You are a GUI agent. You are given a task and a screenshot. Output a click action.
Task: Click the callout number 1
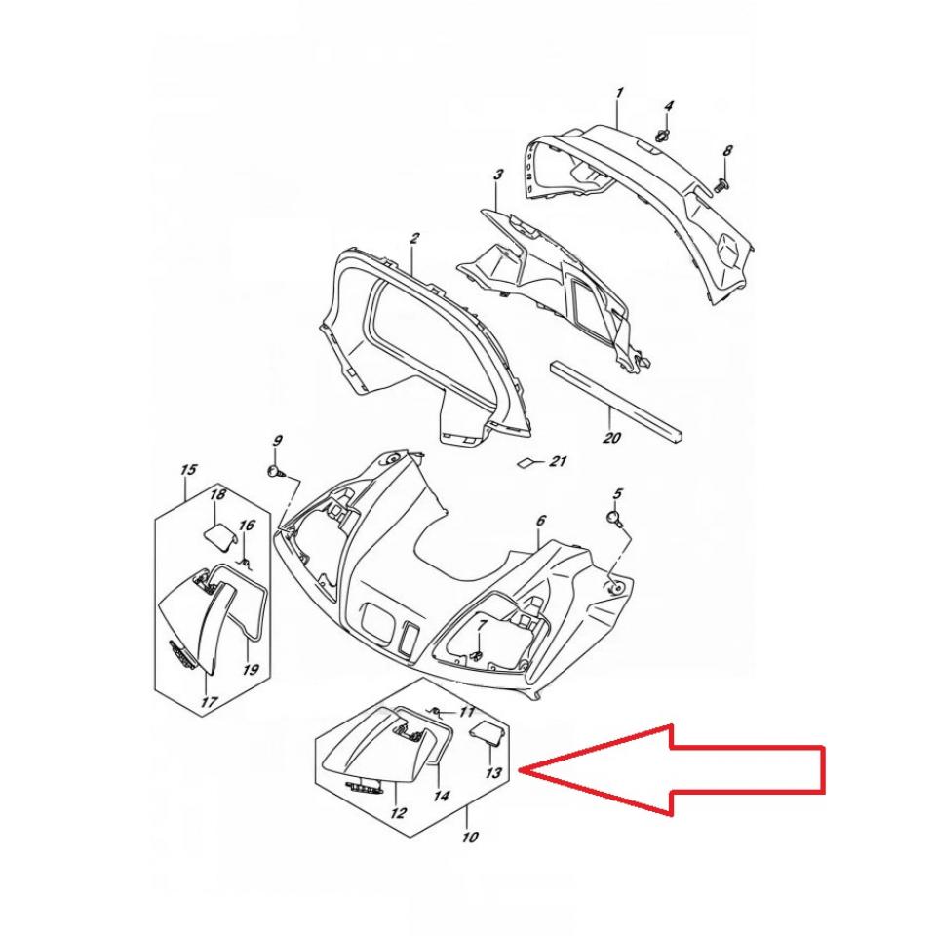click(x=620, y=93)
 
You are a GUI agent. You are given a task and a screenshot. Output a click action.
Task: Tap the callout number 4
click(x=669, y=107)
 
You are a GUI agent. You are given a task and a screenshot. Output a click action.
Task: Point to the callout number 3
click(x=498, y=175)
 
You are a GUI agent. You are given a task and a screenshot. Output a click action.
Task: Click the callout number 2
click(x=414, y=238)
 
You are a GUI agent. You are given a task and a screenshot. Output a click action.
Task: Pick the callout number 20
click(x=611, y=438)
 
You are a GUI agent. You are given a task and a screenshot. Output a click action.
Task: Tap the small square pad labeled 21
click(x=526, y=462)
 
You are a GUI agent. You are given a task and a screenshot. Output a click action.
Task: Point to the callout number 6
click(x=540, y=521)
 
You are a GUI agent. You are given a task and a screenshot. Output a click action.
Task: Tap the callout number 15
click(x=188, y=470)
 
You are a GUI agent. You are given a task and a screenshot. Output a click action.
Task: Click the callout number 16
click(x=247, y=526)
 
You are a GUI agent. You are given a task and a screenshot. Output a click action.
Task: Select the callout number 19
click(x=251, y=669)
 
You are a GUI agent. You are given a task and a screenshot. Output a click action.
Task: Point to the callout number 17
click(x=209, y=702)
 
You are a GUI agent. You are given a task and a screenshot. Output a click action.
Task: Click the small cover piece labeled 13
click(x=485, y=733)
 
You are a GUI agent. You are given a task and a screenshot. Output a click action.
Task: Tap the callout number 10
click(x=470, y=837)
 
